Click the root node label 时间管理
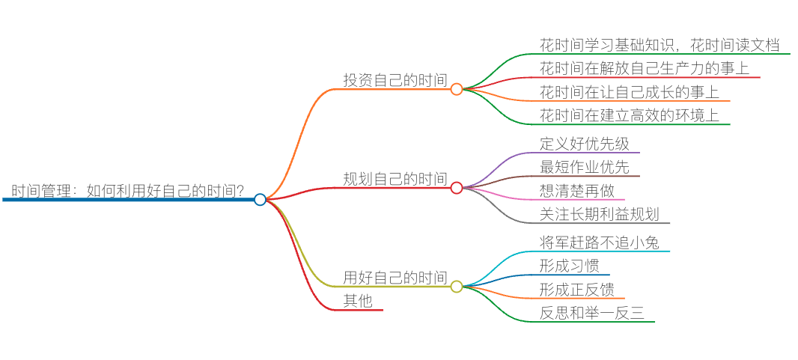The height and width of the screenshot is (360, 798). coord(127,190)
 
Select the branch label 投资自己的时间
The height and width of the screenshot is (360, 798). coord(395,80)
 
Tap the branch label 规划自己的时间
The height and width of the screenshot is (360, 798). coord(395,179)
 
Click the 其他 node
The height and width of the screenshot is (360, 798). coord(358,301)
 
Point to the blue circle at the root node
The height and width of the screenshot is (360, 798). coord(260,199)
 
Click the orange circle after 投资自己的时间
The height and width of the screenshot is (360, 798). coord(457,89)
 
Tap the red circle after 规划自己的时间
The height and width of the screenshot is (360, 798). coord(457,188)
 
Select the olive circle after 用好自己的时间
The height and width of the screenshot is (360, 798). coord(457,287)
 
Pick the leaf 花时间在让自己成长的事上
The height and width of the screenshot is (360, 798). coord(629,93)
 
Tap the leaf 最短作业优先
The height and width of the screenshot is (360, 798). coord(584,167)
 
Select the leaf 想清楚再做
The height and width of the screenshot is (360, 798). coord(576,190)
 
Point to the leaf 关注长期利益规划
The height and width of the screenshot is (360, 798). coord(599,214)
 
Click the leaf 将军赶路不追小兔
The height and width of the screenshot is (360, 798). coord(599,242)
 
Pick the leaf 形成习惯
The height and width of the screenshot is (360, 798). coord(569,266)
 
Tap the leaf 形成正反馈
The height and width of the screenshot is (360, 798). coord(576,290)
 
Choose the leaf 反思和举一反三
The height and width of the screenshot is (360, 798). coord(591,313)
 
